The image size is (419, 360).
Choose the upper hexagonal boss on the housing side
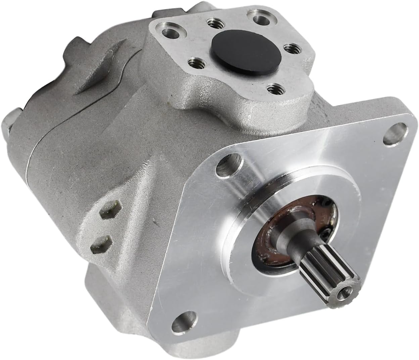point(107,211)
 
